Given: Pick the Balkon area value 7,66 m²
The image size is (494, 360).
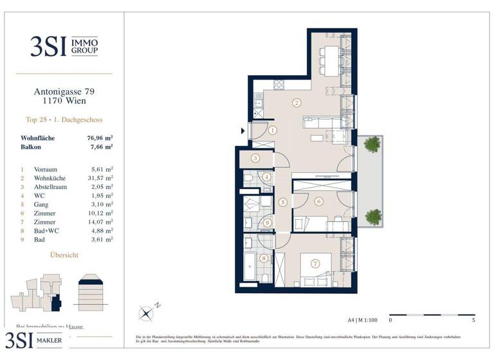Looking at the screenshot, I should [x=100, y=147].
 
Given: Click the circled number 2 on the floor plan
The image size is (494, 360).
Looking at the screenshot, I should [x=297, y=102].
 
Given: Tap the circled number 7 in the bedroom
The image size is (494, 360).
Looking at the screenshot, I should [x=315, y=264].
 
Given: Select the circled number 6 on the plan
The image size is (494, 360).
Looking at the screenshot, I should [x=318, y=201].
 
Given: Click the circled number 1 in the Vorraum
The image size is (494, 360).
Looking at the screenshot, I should [x=272, y=130].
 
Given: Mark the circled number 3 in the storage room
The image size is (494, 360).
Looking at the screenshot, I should [x=255, y=158].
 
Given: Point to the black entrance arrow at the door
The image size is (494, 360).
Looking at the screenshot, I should [x=242, y=131].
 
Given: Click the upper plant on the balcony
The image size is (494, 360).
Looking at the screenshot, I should [x=371, y=146].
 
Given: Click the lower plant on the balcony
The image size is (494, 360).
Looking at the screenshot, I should [x=371, y=215].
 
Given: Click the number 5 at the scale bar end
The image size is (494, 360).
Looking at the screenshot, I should [x=474, y=319].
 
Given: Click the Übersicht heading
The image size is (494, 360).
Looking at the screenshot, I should [x=64, y=255].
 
